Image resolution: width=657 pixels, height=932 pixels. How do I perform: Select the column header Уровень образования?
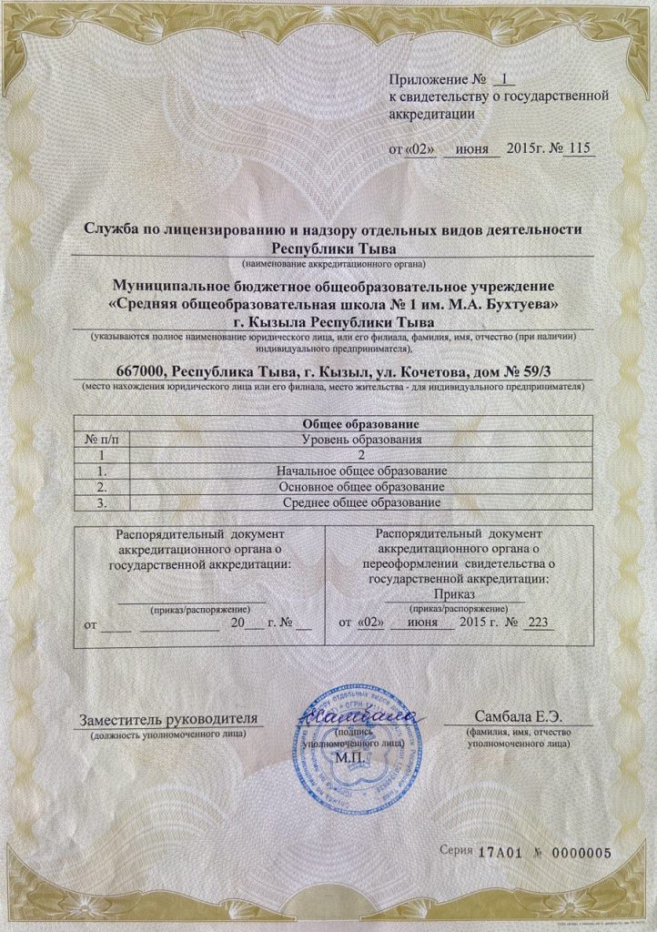tap(363, 440)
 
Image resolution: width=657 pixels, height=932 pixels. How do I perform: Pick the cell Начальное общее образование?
tap(363, 471)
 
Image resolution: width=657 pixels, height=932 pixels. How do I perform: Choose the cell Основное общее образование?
tap(363, 487)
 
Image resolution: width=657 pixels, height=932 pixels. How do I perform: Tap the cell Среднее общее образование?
tap(363, 502)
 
